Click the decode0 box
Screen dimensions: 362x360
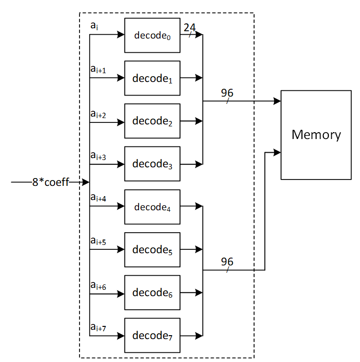[x=152, y=35]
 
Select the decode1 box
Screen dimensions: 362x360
[x=152, y=78]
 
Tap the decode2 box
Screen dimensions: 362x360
[x=152, y=121]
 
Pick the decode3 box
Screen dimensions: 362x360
[x=152, y=164]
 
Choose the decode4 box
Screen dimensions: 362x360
[x=152, y=207]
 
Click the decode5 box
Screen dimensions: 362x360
[x=152, y=250]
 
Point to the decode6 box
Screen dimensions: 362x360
[x=152, y=293]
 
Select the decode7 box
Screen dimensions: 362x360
[x=152, y=336]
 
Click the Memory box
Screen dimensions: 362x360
[x=316, y=135]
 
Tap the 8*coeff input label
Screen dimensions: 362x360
[x=51, y=182]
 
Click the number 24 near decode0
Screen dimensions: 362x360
[x=190, y=28]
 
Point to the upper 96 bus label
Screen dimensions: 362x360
[x=227, y=93]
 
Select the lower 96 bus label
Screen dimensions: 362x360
[x=227, y=262]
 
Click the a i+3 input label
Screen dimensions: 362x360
[x=98, y=156]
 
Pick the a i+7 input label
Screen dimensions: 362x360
[x=98, y=327]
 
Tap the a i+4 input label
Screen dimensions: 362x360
[x=98, y=198]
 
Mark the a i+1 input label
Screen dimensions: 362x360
[x=98, y=70]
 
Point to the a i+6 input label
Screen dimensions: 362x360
[x=98, y=285]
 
